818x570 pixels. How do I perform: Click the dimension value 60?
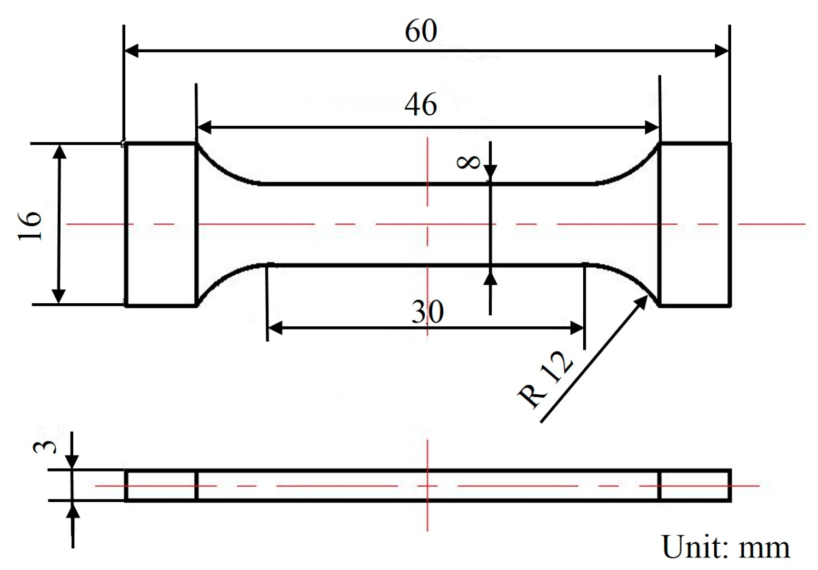coord(421,32)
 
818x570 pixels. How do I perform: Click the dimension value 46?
coord(421,104)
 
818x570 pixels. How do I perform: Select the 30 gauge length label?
coord(427,313)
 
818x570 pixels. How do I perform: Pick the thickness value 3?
coord(44,447)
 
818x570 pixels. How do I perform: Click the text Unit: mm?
coord(726,547)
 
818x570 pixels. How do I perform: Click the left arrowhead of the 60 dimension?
coord(132,51)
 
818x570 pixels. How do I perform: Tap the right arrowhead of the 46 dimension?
coord(652,127)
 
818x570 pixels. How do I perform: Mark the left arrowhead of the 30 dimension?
coord(275,328)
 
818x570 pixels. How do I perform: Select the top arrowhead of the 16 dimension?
coord(60,152)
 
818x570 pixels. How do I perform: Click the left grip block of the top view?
coord(161,224)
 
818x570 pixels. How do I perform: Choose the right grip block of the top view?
coord(695,224)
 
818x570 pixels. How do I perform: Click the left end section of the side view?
coord(161,485)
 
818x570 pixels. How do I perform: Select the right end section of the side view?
coord(695,485)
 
